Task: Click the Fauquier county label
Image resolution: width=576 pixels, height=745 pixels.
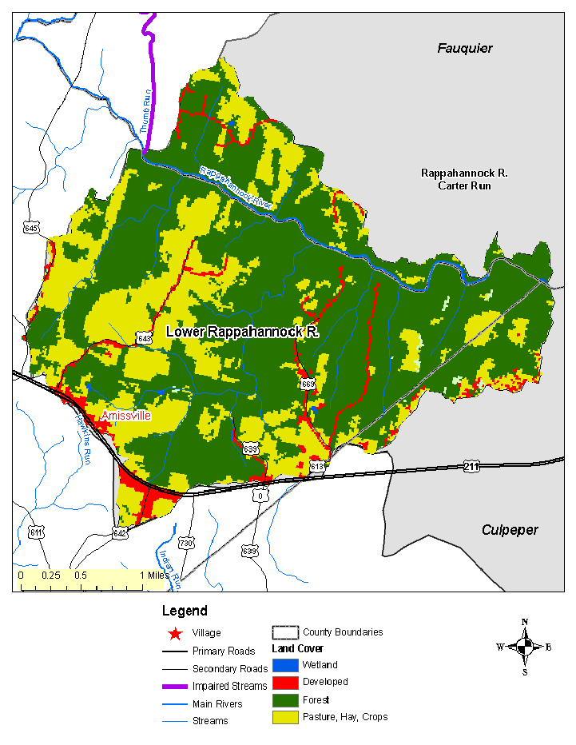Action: (x=464, y=49)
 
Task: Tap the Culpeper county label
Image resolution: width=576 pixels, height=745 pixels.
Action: (x=510, y=530)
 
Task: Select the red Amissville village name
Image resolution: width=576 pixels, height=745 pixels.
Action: (x=125, y=416)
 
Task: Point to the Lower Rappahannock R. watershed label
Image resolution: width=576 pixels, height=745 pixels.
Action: (x=242, y=332)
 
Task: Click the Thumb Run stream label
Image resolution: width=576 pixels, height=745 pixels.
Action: (x=145, y=111)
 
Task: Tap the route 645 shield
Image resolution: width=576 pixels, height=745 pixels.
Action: (x=31, y=228)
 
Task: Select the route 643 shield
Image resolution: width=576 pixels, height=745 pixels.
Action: (x=144, y=338)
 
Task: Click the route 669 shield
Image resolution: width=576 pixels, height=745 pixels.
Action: (x=308, y=384)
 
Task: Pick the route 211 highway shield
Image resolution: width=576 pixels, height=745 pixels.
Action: (x=473, y=465)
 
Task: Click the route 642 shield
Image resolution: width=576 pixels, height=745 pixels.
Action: (x=120, y=532)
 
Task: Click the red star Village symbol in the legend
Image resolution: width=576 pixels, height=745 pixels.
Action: (x=174, y=633)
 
